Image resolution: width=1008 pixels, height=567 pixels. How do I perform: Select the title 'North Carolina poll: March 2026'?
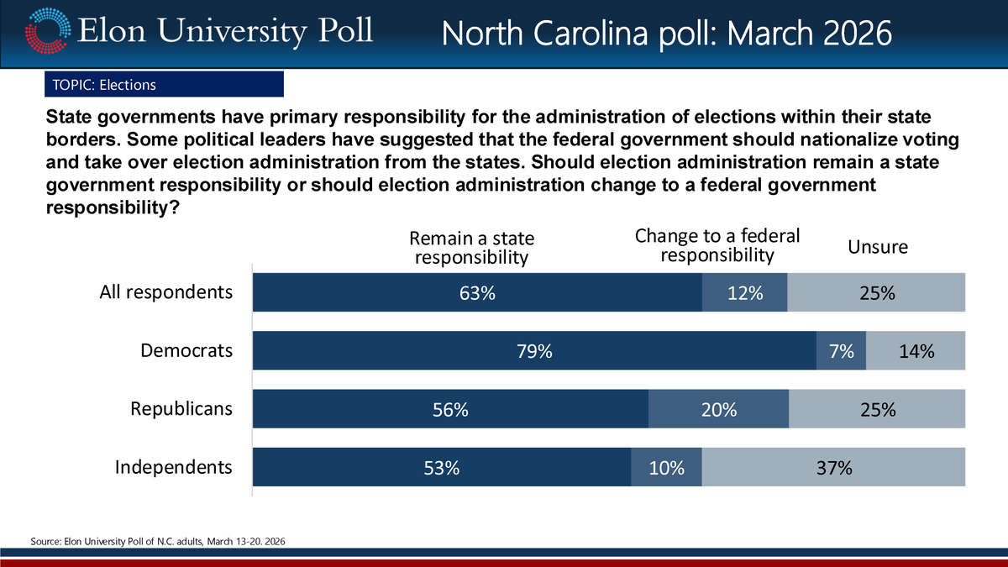tap(666, 34)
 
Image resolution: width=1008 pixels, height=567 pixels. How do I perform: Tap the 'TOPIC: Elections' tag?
tap(164, 85)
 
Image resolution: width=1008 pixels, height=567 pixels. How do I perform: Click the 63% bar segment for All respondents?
tap(477, 293)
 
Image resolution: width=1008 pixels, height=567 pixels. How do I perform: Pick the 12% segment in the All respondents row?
tap(744, 293)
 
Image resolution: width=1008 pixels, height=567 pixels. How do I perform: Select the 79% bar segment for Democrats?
tap(534, 351)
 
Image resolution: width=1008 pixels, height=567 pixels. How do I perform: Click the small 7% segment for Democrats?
tap(841, 351)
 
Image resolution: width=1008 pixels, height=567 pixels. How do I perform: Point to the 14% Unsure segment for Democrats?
tap(916, 351)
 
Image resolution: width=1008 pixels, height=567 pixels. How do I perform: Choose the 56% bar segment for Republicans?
tap(450, 410)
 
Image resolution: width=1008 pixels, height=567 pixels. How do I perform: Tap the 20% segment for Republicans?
tap(718, 410)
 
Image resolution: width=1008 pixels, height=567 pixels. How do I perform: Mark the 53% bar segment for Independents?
tap(442, 468)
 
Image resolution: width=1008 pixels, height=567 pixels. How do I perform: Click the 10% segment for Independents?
tap(666, 468)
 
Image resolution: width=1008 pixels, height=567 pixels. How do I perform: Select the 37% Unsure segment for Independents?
tap(833, 468)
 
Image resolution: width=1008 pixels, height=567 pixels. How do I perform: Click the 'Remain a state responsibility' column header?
tap(471, 248)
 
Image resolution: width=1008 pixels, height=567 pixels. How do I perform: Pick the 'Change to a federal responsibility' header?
tap(717, 244)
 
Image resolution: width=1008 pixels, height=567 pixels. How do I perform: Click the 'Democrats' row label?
tap(186, 351)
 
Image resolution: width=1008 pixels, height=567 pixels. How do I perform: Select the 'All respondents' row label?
tap(165, 292)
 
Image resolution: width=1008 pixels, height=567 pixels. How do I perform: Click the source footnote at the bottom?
tap(159, 542)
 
